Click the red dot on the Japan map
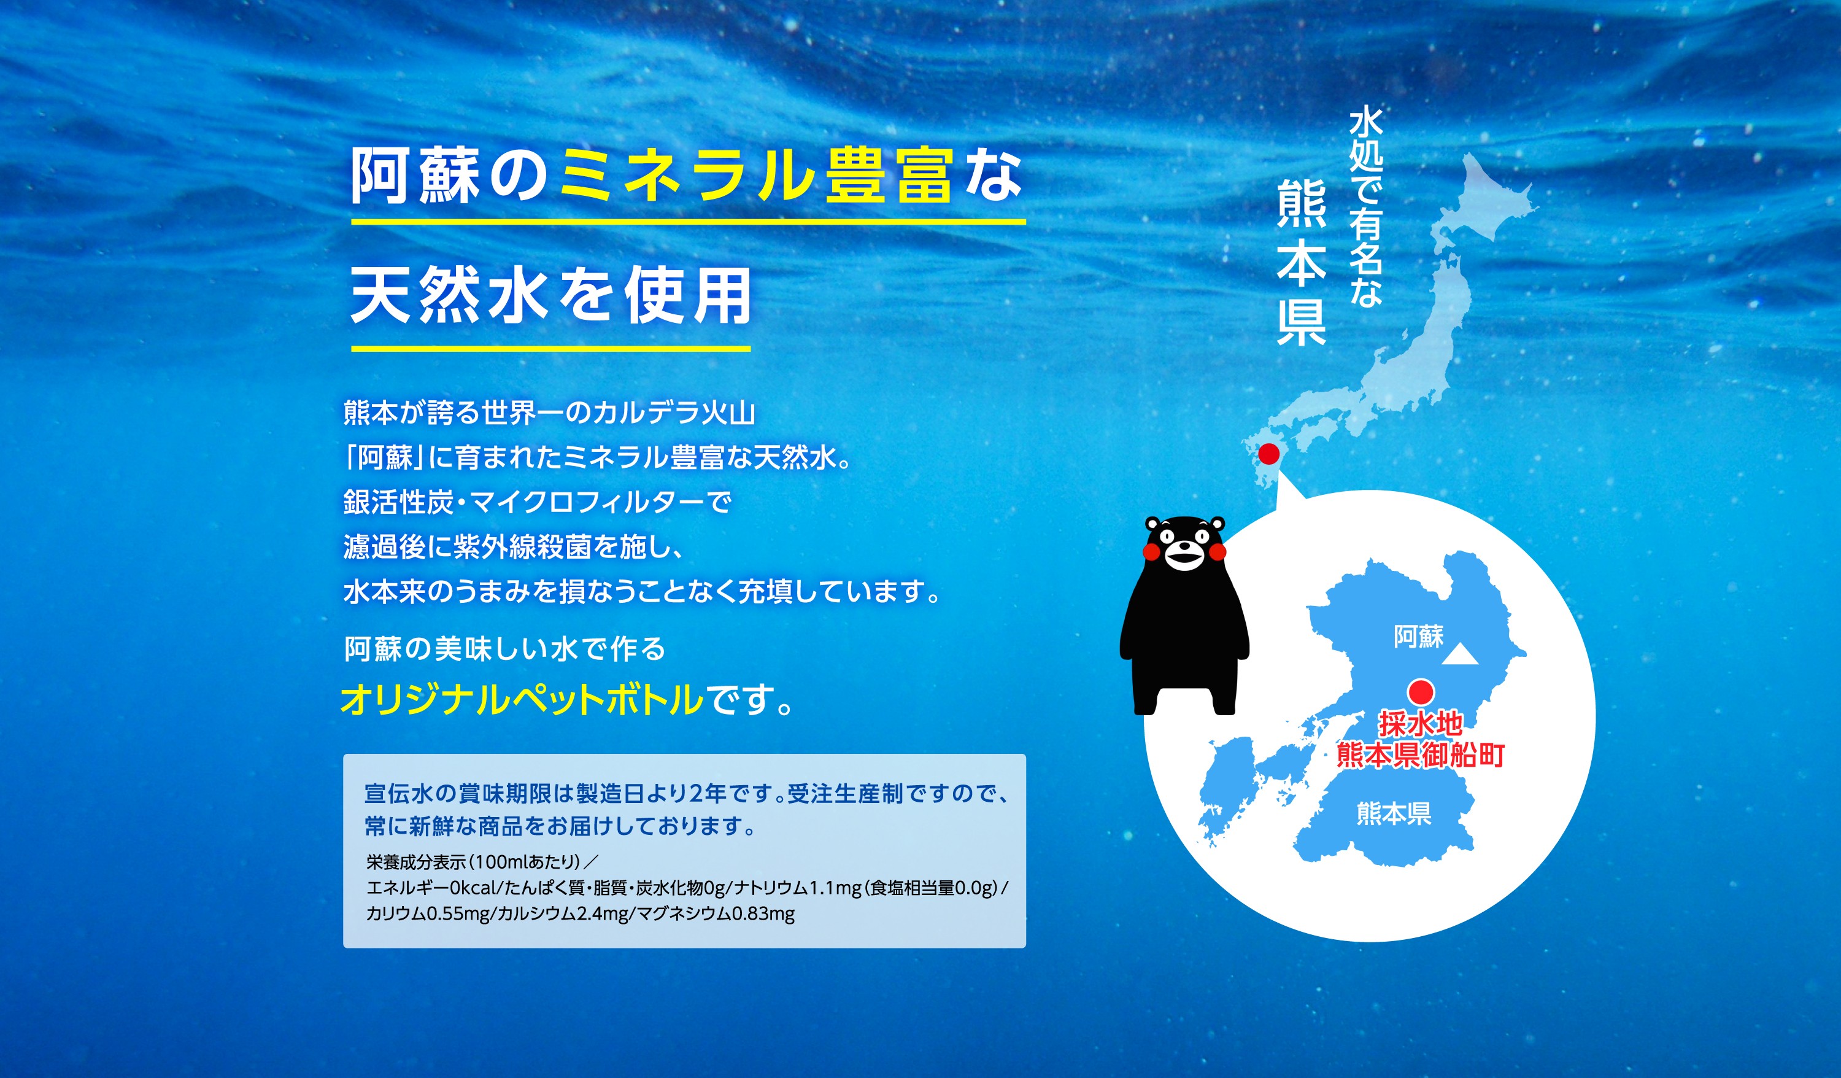tap(1269, 454)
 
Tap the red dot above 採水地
tap(1421, 691)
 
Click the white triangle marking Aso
tap(1461, 655)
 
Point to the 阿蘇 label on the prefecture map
tap(1418, 637)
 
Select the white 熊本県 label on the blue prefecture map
tap(1393, 813)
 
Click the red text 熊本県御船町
tap(1420, 755)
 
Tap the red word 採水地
tap(1420, 724)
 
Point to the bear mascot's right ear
tap(1217, 524)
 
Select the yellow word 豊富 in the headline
tap(889, 176)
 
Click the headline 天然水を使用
tap(551, 295)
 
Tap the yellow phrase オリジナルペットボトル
tap(522, 699)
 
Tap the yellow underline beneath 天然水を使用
tap(551, 349)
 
